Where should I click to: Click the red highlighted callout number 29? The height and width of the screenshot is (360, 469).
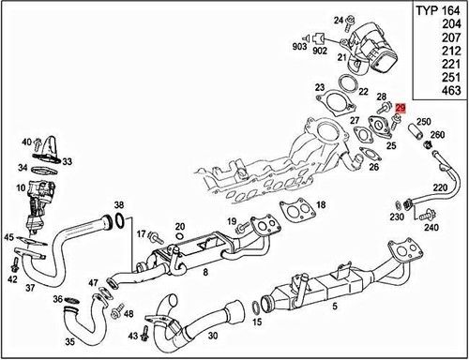401,109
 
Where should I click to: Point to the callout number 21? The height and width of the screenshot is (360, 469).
343,58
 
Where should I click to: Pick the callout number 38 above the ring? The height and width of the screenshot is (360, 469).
117,204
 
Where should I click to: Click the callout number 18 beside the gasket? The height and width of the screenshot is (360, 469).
321,204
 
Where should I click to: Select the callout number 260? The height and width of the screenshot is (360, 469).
436,135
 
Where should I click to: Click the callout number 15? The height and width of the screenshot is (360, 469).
255,322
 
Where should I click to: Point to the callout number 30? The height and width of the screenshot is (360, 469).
214,335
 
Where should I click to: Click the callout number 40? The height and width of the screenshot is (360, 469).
26,142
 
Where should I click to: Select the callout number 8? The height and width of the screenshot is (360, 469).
204,272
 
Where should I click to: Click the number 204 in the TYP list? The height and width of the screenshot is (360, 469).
450,28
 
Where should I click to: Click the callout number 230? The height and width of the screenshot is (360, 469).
398,217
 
